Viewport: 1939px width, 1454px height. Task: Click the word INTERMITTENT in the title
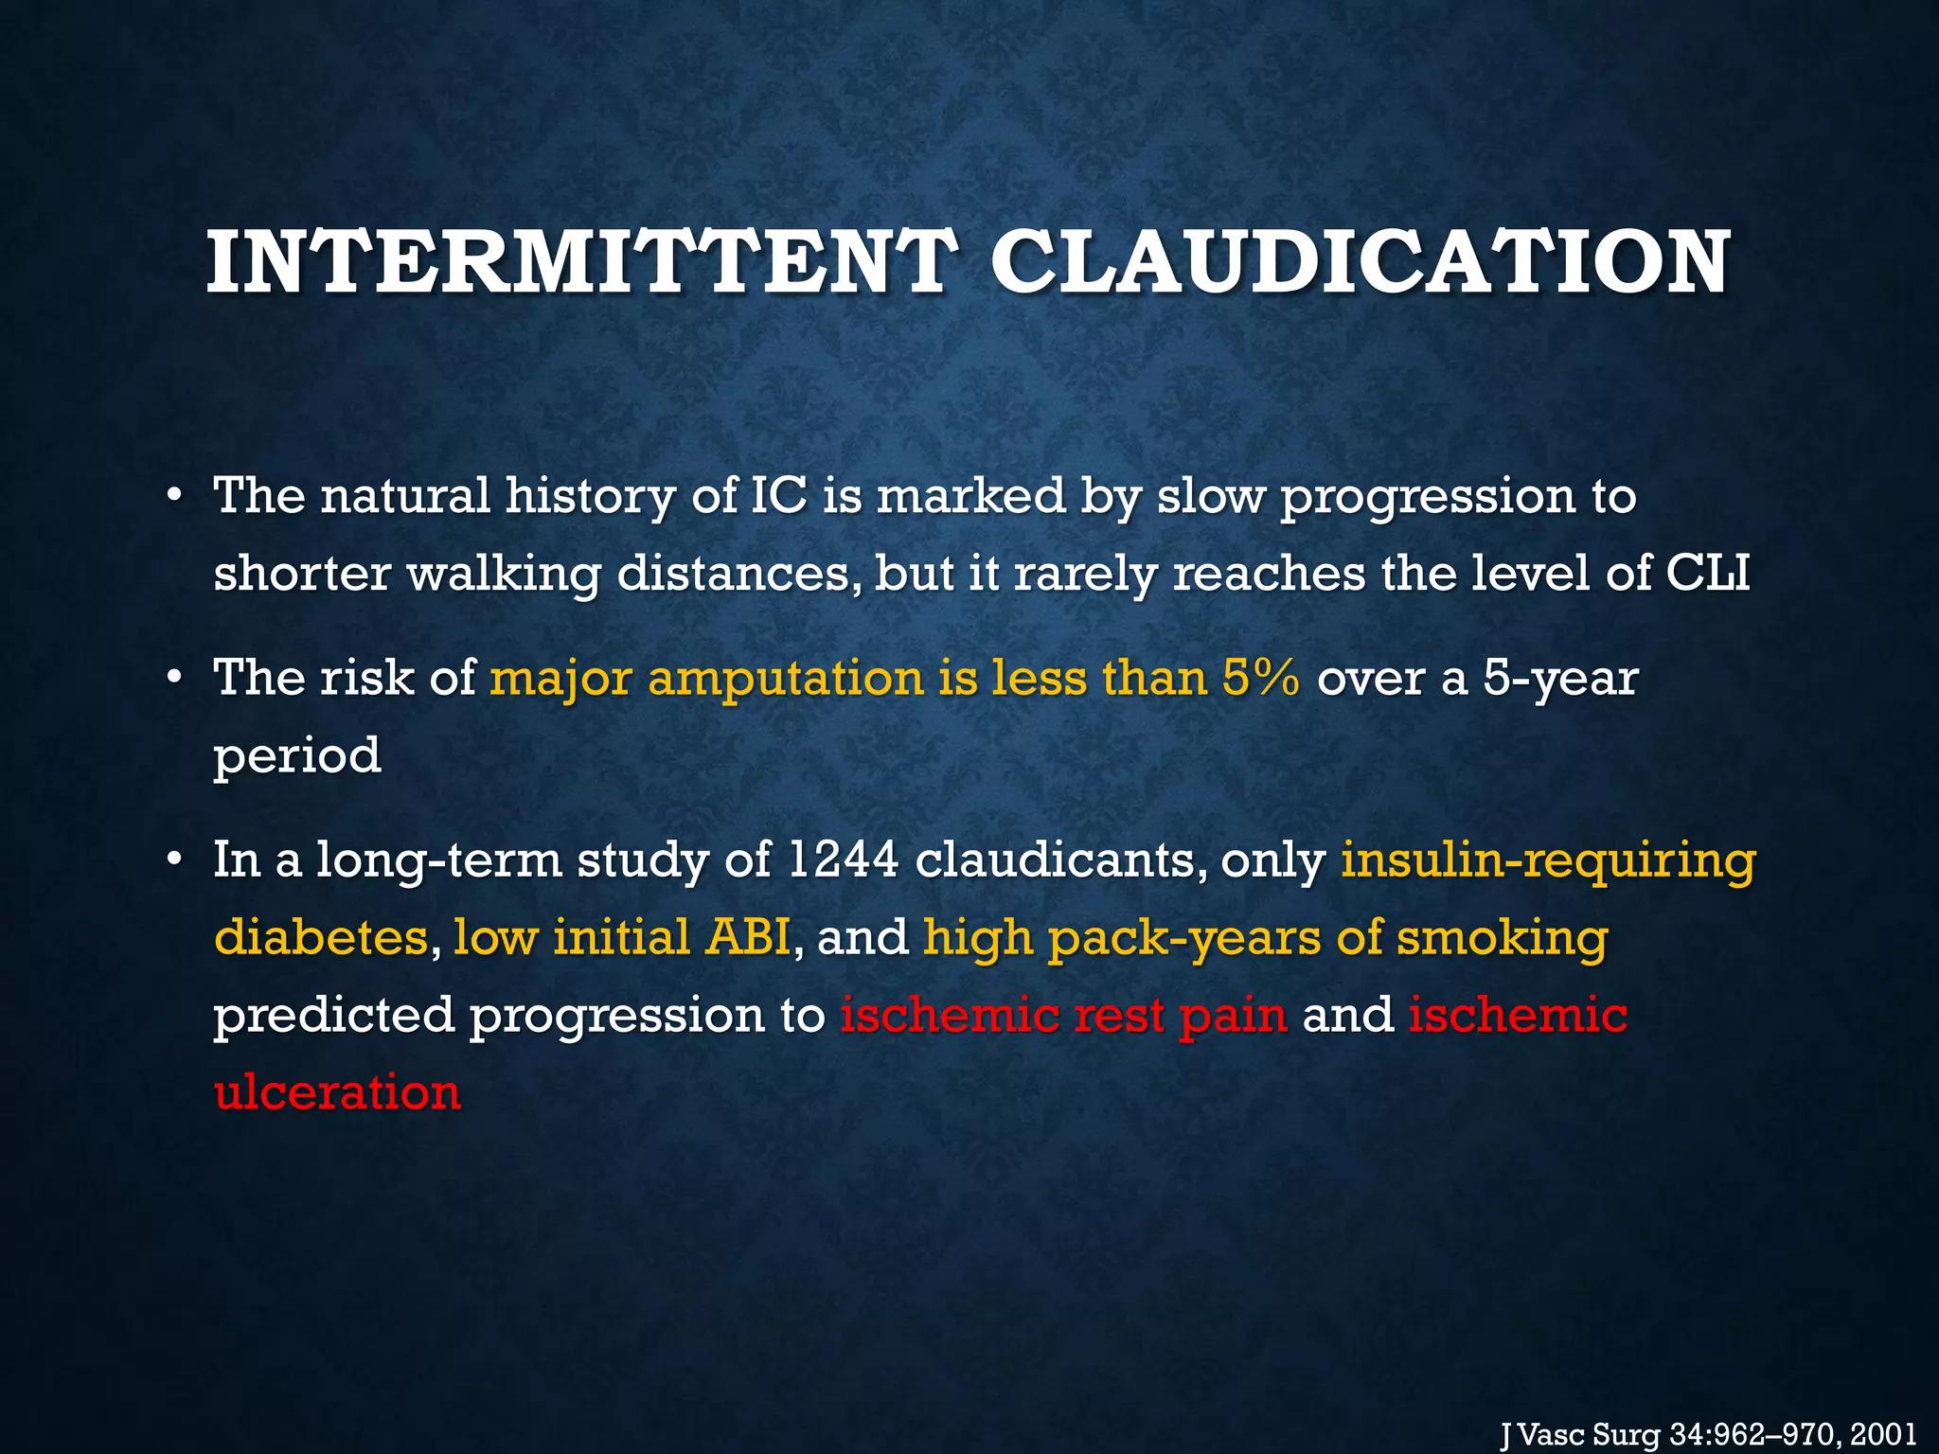click(578, 262)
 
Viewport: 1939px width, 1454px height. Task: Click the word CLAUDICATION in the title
click(1360, 262)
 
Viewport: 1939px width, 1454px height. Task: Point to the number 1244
click(841, 860)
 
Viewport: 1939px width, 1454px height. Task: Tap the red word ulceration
click(337, 1092)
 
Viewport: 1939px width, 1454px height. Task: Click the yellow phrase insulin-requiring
click(1548, 861)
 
